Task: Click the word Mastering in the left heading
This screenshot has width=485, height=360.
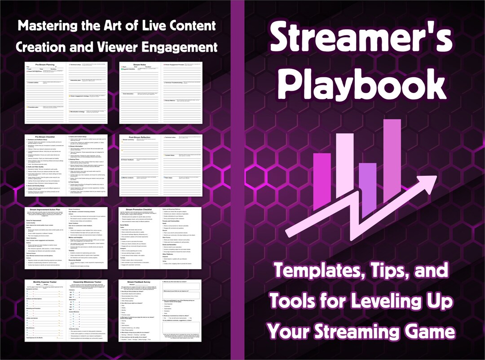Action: click(x=49, y=25)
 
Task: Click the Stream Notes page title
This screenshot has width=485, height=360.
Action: click(x=140, y=64)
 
